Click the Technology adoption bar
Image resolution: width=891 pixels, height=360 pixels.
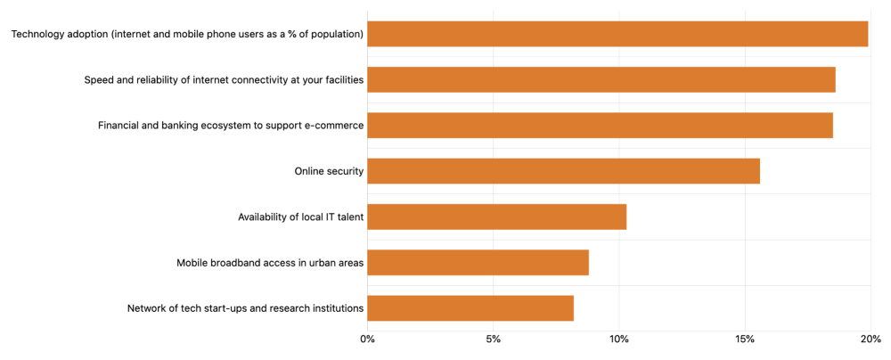[x=617, y=34]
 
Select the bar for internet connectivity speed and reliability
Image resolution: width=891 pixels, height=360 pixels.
[x=601, y=79]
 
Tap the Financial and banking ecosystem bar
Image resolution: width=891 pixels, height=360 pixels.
[x=600, y=126]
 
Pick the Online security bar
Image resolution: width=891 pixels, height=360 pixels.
[x=563, y=171]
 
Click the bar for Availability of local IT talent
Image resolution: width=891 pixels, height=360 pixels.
[x=496, y=217]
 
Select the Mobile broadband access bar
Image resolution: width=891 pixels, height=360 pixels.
[x=478, y=263]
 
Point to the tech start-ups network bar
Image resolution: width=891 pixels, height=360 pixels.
[x=470, y=308]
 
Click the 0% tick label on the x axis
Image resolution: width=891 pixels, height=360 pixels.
[x=367, y=340]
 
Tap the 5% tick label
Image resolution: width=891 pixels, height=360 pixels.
[x=493, y=340]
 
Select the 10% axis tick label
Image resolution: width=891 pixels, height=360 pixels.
[x=619, y=340]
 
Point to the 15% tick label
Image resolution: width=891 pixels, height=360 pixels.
[x=745, y=340]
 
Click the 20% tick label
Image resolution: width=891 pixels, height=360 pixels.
[x=871, y=340]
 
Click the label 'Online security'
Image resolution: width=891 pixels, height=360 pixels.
[x=329, y=171]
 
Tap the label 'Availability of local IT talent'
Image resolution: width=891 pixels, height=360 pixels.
[x=300, y=217]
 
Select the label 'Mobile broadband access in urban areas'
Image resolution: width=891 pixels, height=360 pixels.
[x=270, y=263]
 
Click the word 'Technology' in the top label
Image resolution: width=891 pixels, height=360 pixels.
[x=40, y=34]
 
